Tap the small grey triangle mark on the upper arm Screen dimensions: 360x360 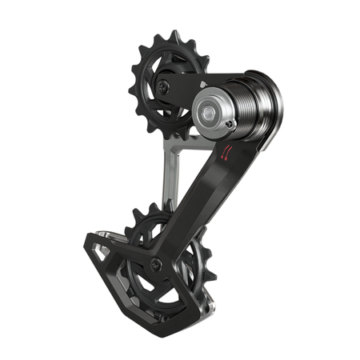pyautogui.click(x=204, y=82)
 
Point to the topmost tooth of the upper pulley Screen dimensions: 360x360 pyautogui.click(x=172, y=36)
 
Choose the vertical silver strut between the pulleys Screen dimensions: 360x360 pyautogui.click(x=170, y=172)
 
